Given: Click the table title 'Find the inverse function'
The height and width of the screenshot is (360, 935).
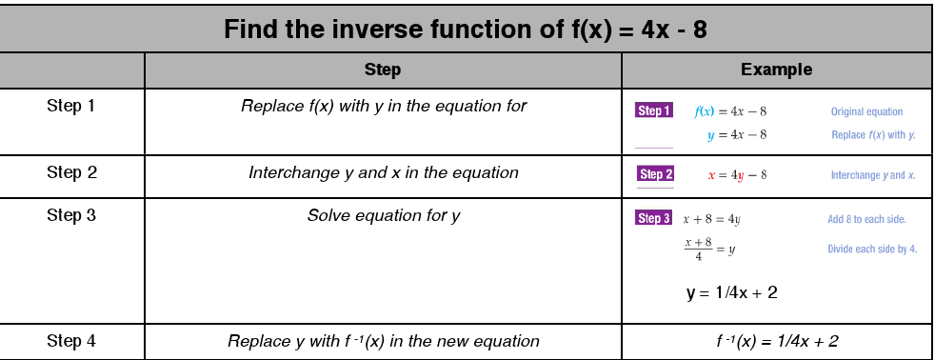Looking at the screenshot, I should coord(465,29).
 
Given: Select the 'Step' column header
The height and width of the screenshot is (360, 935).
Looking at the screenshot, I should coord(383,70).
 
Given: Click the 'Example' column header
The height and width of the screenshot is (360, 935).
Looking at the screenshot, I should coord(776,70).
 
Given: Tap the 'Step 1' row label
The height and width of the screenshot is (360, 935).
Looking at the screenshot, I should coord(71,106).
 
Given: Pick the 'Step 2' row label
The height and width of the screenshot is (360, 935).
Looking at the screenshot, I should coord(71,172).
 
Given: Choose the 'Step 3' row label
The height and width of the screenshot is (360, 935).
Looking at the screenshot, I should coord(71,215).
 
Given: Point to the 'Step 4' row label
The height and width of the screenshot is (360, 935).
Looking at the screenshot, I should coord(71,340).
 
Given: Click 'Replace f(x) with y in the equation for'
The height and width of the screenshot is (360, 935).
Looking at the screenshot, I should coord(383,106).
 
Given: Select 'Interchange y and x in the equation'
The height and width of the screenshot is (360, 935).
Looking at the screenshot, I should coord(383,172).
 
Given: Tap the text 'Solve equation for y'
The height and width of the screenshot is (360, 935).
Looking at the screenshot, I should coord(383,215).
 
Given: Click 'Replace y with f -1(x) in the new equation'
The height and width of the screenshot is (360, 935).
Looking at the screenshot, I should coord(383,341).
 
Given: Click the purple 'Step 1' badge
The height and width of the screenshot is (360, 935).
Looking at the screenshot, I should coord(654,111).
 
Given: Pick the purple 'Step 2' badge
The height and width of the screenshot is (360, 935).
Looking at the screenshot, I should coord(656,174).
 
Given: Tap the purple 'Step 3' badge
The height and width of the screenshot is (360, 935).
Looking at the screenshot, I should coord(653,219).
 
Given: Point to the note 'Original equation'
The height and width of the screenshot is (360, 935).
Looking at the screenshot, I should coord(866,111).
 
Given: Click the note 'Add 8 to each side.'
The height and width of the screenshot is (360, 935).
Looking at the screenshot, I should coord(866,220).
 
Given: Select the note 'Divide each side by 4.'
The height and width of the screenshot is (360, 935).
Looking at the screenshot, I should coord(872,250).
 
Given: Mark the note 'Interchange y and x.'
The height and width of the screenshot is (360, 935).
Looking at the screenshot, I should coord(872,175).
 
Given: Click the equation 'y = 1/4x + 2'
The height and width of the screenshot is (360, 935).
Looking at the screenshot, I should coord(731,292).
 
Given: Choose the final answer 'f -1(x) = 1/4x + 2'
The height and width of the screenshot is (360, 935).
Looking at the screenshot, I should coord(777,341).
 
